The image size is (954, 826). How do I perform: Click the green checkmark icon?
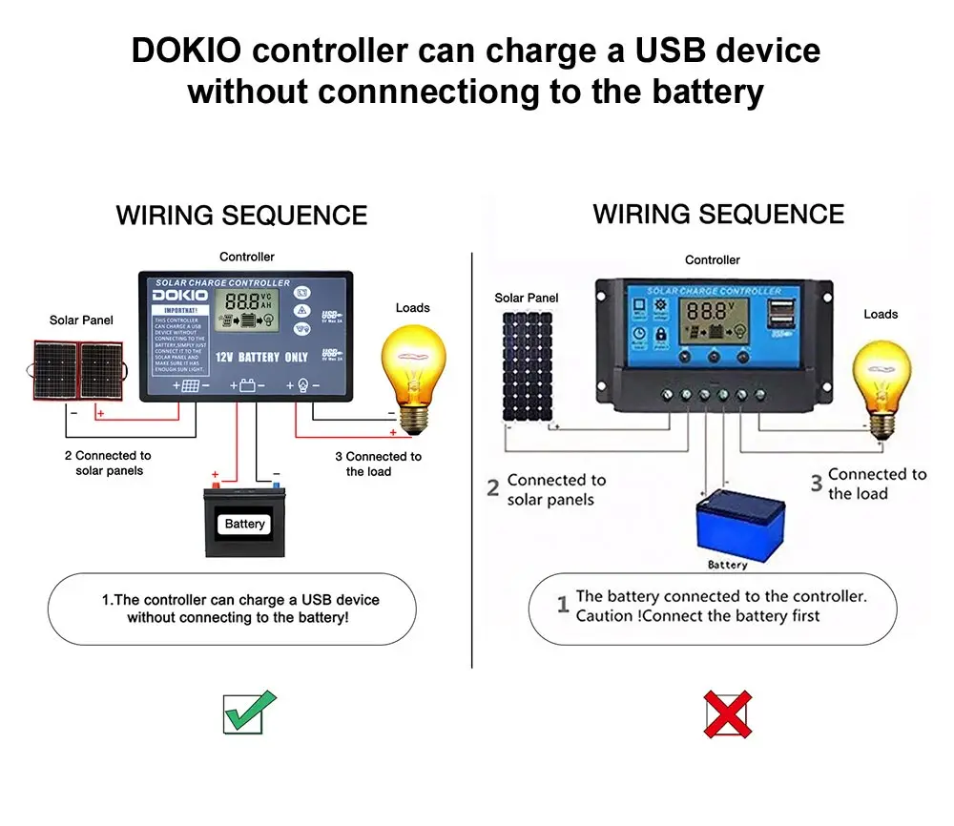pyautogui.click(x=249, y=712)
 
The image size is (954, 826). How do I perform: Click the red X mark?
pyautogui.click(x=727, y=714)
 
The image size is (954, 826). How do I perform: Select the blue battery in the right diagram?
pyautogui.click(x=741, y=521)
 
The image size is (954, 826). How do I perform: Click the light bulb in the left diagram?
pyautogui.click(x=412, y=367)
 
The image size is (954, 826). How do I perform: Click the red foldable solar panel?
pyautogui.click(x=81, y=368)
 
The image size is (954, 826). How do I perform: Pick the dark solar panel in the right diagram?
pyautogui.click(x=528, y=366)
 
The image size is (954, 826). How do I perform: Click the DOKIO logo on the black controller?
pyautogui.click(x=179, y=297)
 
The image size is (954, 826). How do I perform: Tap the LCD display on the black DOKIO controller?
pyautogui.click(x=246, y=310)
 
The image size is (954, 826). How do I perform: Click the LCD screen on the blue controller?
pyautogui.click(x=712, y=321)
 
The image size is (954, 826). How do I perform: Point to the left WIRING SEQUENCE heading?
pyautogui.click(x=241, y=216)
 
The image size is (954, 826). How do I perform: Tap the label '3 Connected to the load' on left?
pyautogui.click(x=378, y=464)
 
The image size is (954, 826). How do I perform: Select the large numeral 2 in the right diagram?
pyautogui.click(x=493, y=488)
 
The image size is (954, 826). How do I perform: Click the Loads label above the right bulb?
pyautogui.click(x=880, y=314)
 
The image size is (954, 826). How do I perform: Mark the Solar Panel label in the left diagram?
pyautogui.click(x=81, y=320)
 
